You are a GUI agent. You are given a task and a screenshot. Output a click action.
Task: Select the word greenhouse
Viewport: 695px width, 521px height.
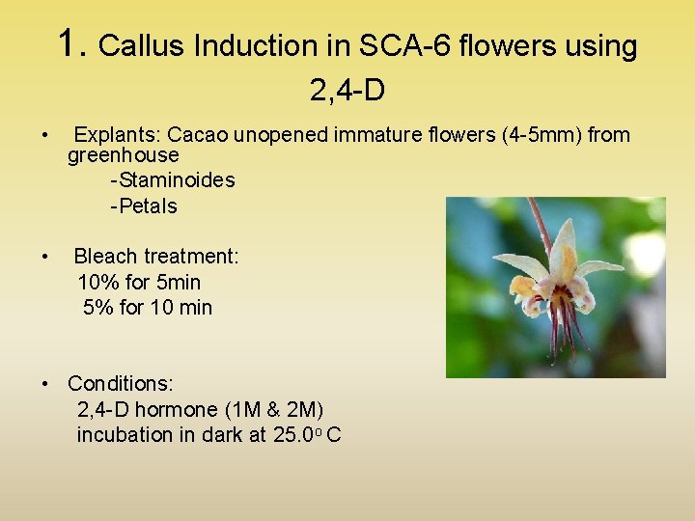tap(124, 155)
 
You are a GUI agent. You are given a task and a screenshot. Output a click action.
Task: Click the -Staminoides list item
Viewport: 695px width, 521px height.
tap(173, 180)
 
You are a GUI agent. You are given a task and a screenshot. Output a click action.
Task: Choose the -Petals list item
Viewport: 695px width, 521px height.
tap(144, 206)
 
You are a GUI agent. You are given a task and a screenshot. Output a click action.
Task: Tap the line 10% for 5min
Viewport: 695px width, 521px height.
tap(139, 283)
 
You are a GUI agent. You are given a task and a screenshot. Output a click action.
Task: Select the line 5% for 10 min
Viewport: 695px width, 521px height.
tap(148, 308)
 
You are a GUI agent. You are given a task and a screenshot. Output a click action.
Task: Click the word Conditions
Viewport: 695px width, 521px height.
tap(120, 384)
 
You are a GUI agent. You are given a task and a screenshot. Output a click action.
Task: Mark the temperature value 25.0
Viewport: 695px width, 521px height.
tap(296, 435)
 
